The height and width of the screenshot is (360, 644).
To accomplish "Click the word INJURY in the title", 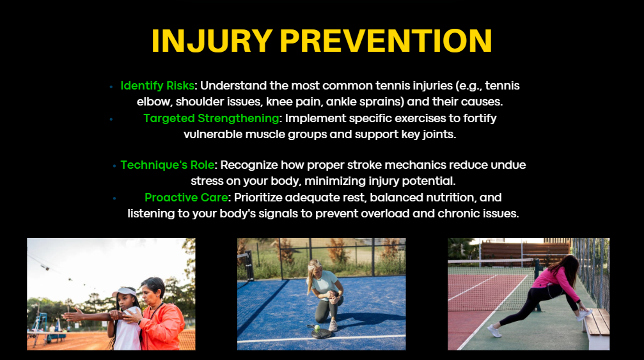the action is coord(212,41).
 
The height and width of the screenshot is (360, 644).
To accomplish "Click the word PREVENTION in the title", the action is coord(386,41).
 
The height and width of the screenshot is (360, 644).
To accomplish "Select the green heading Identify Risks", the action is coord(157,86).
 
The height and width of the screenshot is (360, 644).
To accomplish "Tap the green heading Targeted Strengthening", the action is coord(211,118).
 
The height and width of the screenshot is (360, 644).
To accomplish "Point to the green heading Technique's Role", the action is coord(167,165).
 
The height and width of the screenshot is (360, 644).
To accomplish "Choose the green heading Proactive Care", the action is coord(186,198).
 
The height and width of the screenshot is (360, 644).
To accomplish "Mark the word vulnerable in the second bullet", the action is coord(213,134).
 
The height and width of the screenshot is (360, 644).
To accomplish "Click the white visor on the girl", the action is coord(125,292).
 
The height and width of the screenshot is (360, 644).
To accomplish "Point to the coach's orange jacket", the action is coord(162,327).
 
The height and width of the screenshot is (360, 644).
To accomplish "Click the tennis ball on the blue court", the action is coord(317,327).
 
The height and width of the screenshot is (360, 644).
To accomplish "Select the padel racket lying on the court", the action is coord(320,332).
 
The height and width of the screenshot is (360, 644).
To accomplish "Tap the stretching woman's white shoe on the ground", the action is coord(494,331).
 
